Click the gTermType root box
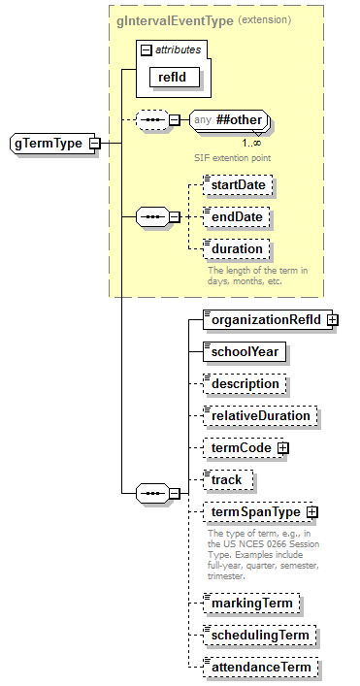point(48,144)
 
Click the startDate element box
point(239,184)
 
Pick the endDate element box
point(236,216)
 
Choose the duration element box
point(236,248)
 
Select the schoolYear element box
point(245,351)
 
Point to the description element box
point(245,383)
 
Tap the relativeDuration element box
point(260,415)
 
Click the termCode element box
point(240,447)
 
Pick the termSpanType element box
point(254,511)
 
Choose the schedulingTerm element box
point(260,636)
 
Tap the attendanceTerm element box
point(260,668)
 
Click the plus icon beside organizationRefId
point(332,319)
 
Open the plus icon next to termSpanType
point(312,511)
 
